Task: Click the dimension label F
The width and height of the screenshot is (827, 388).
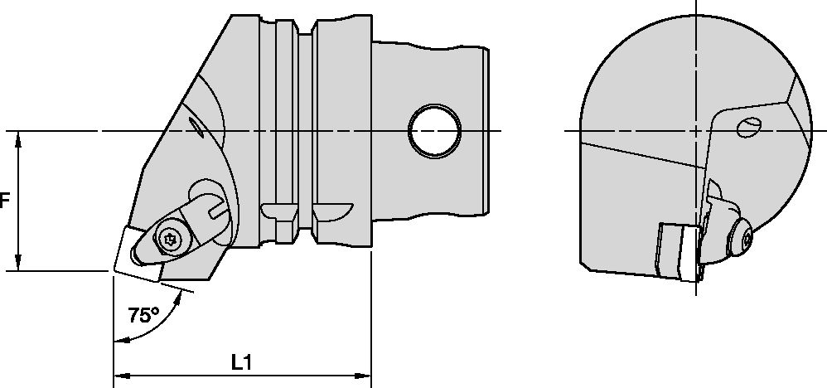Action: (4, 201)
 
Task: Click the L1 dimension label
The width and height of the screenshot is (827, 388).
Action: (241, 362)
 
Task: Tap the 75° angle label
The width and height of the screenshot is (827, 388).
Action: (144, 315)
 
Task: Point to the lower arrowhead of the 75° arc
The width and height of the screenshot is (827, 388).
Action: (121, 340)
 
